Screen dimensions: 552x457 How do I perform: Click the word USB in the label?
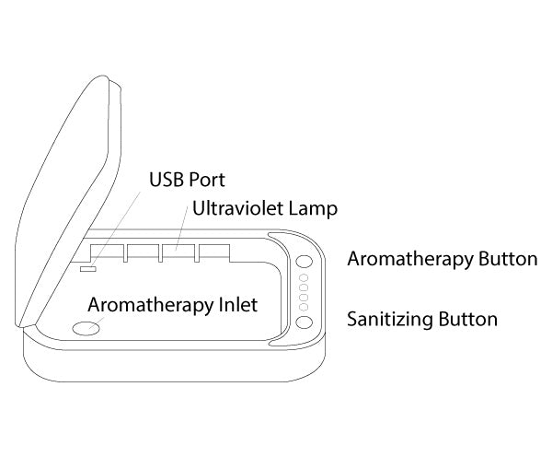(167, 180)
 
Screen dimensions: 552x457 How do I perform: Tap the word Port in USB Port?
(207, 180)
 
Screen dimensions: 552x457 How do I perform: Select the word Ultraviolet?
(237, 208)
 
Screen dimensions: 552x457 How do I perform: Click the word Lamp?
(313, 209)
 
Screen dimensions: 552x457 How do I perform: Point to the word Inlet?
(238, 305)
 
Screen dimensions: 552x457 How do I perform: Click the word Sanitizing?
(390, 319)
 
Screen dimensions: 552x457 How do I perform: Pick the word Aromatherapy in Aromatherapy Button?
(410, 260)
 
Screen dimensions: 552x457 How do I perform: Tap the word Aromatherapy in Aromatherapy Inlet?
(151, 305)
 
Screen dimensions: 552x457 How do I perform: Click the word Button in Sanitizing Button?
(468, 319)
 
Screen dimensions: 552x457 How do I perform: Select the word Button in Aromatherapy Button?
(508, 259)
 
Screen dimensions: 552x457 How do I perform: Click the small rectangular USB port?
(87, 269)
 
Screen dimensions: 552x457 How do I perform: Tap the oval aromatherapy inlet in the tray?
(86, 328)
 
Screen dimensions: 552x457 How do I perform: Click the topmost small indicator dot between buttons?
(304, 278)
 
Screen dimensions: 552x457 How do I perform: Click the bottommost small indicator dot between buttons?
(304, 307)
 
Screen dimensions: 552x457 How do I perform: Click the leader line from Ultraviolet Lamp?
(181, 228)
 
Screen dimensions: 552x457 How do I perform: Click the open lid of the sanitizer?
(67, 201)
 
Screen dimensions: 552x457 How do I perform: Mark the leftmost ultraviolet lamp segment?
(108, 252)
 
